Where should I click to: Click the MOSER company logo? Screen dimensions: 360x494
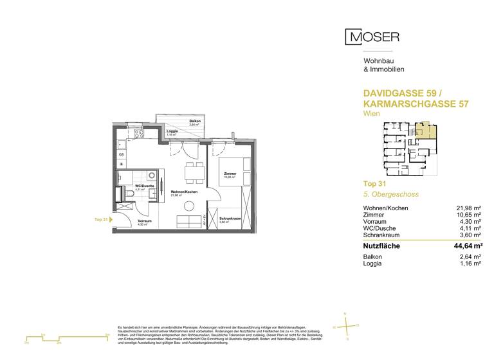(x=372, y=37)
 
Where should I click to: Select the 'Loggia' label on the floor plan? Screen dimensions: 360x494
(x=172, y=131)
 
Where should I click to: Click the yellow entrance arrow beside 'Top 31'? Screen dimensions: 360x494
(x=109, y=219)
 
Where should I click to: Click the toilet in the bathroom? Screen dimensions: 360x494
(x=129, y=192)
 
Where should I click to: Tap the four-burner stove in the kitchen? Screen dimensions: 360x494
(x=122, y=165)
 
